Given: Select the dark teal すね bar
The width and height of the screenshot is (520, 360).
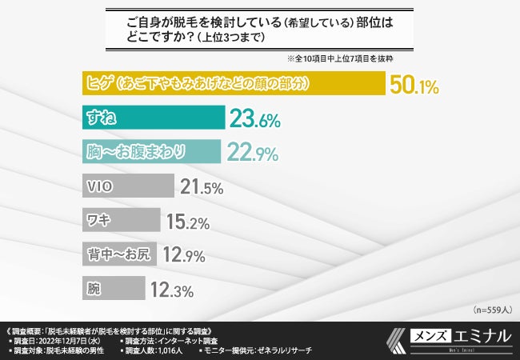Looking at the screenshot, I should (153, 118).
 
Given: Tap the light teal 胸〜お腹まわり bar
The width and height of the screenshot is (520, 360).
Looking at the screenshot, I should (151, 151).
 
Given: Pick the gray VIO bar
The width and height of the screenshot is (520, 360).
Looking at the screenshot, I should (128, 186).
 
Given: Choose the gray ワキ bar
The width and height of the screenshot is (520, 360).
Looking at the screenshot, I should (121, 220).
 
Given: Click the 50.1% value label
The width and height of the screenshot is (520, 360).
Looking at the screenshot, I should (414, 86).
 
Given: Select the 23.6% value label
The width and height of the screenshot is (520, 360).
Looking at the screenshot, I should (254, 120).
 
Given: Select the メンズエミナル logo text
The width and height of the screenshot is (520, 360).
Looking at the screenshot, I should (459, 336).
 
